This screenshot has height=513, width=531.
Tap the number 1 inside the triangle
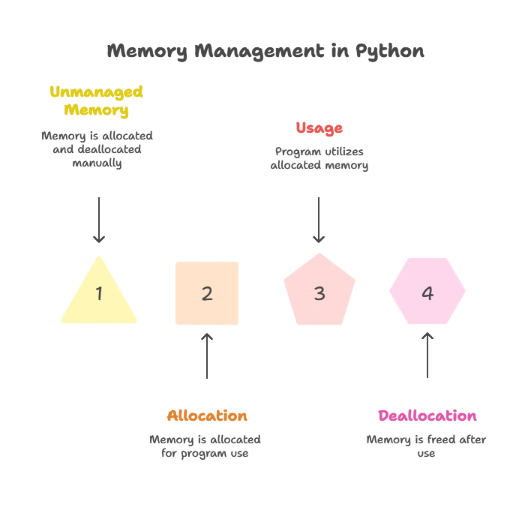[x=99, y=293]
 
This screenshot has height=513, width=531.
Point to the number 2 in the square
[x=207, y=293]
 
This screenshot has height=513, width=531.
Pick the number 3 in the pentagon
[x=319, y=293]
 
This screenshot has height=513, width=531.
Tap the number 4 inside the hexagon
[x=427, y=293]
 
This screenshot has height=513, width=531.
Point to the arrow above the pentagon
[x=320, y=217]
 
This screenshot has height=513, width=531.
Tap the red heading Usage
[x=319, y=128]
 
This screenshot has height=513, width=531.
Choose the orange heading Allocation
[x=207, y=416]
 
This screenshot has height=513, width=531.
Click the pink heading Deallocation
[x=428, y=416]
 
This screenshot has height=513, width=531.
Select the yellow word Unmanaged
[x=97, y=92]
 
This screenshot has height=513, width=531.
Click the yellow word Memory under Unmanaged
[x=97, y=110]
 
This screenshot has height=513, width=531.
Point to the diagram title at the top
[x=264, y=51]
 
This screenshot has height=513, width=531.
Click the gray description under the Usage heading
[x=320, y=159]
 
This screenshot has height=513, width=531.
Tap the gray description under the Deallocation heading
[x=428, y=446]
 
